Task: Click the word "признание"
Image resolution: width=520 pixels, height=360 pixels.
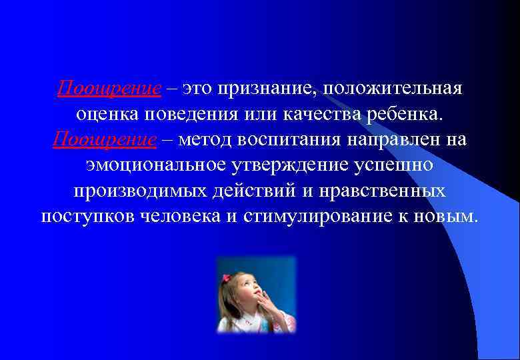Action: (261, 89)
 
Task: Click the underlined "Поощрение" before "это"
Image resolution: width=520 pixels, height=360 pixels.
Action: (109, 89)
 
